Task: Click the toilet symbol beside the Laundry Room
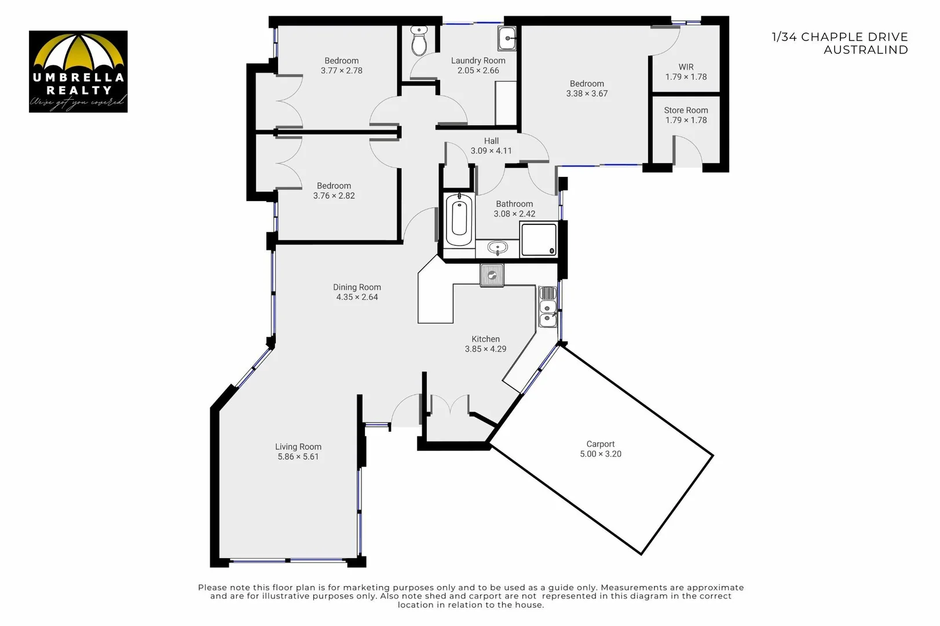click(419, 41)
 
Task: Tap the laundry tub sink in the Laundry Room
click(507, 39)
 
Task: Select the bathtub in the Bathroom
click(459, 220)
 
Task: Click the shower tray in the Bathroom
click(539, 239)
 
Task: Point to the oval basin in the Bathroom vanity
click(497, 249)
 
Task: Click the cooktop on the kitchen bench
click(492, 275)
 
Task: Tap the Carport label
click(600, 444)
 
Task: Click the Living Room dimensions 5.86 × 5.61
click(298, 457)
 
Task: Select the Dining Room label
click(357, 287)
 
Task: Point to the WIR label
click(686, 67)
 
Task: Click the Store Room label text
click(686, 110)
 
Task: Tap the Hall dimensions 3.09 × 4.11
click(491, 151)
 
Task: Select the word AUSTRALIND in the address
click(865, 50)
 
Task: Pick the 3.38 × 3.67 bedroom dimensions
click(587, 93)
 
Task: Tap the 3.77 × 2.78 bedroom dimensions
click(341, 71)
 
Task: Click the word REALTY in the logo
click(79, 90)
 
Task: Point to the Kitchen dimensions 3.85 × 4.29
click(485, 349)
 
